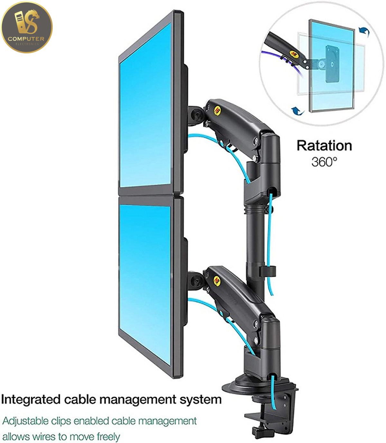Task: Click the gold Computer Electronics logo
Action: (x=27, y=27)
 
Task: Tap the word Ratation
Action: (x=324, y=146)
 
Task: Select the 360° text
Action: (x=324, y=162)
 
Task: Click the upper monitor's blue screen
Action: (x=145, y=106)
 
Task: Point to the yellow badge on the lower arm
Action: (x=217, y=280)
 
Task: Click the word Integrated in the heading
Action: (x=31, y=400)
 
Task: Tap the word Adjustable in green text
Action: (x=26, y=421)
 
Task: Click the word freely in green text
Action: (x=108, y=437)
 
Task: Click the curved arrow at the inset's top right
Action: (x=364, y=31)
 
